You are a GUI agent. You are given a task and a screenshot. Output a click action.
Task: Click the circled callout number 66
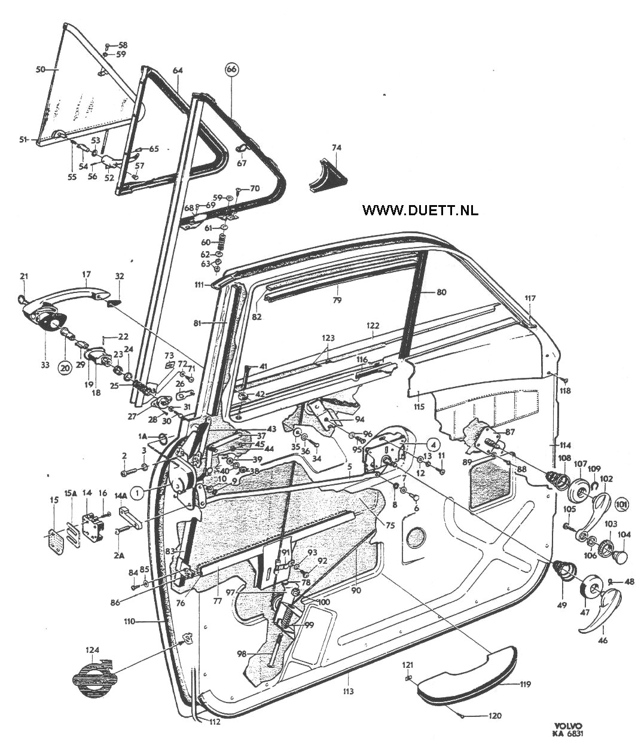233,69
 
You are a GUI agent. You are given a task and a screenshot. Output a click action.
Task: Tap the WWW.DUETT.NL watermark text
420,210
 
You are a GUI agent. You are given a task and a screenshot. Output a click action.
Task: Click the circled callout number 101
622,505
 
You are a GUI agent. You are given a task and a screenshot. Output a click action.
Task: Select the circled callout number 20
65,368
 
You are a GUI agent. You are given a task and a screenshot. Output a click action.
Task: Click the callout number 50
41,69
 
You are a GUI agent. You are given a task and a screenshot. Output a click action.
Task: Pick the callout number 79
337,300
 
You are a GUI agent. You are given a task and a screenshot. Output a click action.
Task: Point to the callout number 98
242,664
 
